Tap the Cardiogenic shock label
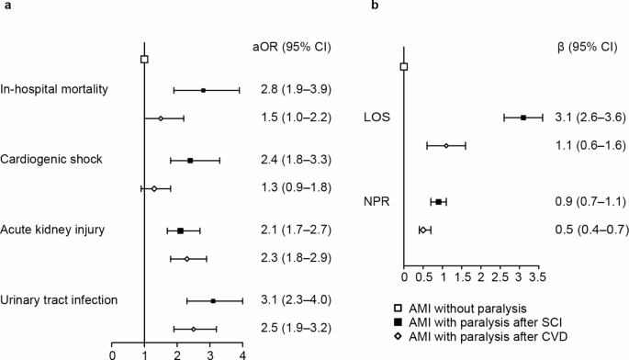click(x=51, y=159)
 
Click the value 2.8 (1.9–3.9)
click(x=291, y=89)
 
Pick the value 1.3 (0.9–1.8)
click(x=291, y=188)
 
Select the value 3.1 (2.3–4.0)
click(x=291, y=299)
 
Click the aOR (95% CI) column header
click(x=291, y=45)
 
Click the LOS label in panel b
click(x=377, y=117)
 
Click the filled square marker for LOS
click(x=523, y=118)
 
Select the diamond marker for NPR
click(x=422, y=230)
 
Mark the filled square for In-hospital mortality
click(x=203, y=90)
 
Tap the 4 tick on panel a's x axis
click(x=242, y=352)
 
